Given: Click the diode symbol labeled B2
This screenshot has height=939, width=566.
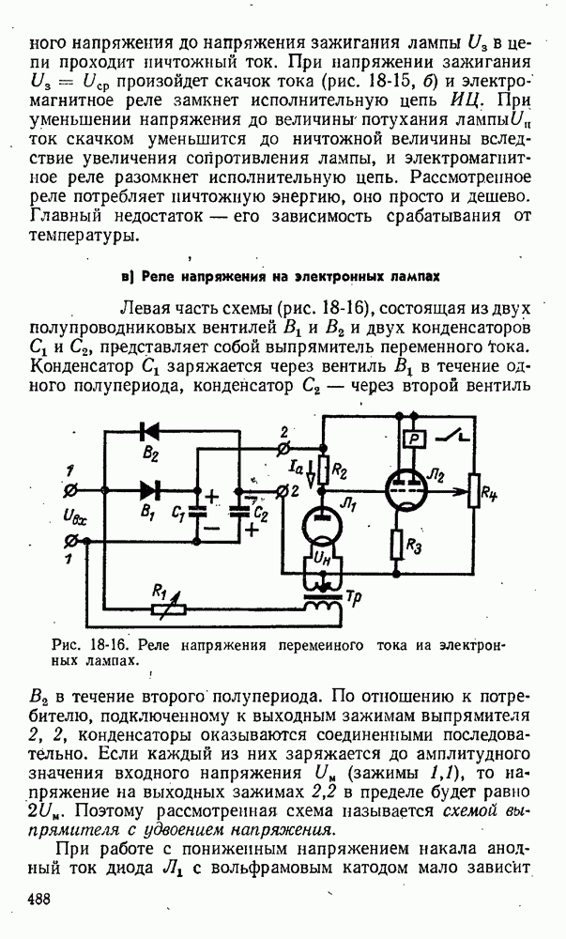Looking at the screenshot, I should [x=146, y=431].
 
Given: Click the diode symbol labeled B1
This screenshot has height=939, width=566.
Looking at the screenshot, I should [x=148, y=488].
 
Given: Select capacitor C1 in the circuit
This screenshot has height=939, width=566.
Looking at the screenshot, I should [x=198, y=513].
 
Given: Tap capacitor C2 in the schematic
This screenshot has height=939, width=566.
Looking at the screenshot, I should [x=242, y=512].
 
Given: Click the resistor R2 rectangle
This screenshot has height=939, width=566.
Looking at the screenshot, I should [x=322, y=464].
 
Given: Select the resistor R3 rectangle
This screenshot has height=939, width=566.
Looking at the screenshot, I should [x=399, y=542].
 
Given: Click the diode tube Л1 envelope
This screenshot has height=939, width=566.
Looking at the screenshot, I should [x=322, y=531].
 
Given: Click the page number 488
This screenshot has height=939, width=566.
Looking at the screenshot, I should [x=38, y=898].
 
